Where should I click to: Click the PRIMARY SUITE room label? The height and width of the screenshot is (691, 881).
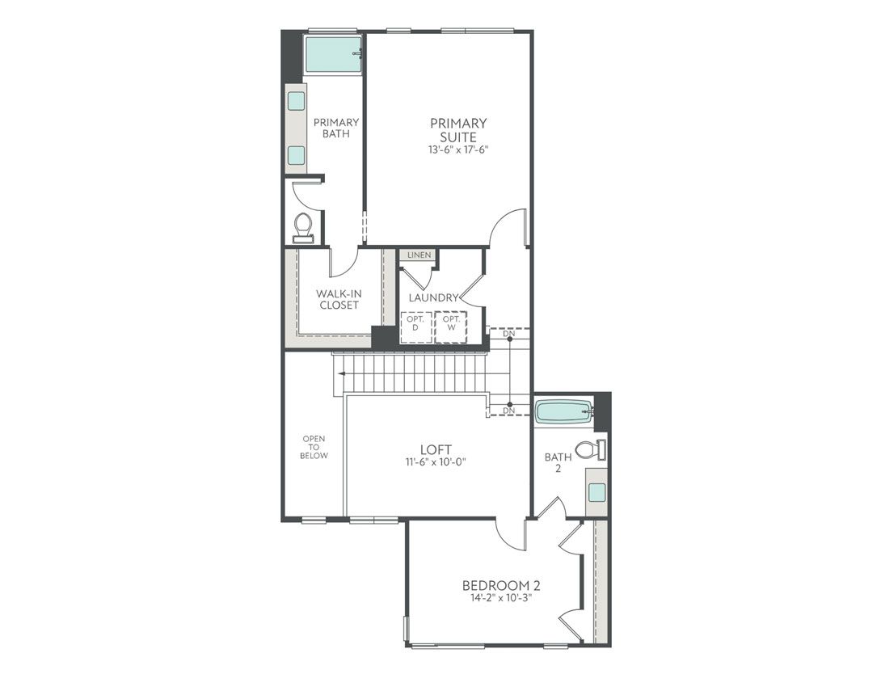click(x=458, y=129)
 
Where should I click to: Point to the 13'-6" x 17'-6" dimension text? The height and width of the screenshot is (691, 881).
click(x=458, y=150)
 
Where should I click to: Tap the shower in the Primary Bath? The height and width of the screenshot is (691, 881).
click(x=332, y=55)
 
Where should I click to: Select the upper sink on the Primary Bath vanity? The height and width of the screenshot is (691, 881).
click(x=297, y=101)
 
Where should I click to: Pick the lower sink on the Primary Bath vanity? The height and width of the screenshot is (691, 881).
click(x=297, y=154)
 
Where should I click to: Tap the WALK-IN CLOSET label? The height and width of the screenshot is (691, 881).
click(x=339, y=299)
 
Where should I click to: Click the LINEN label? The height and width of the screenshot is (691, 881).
click(x=419, y=255)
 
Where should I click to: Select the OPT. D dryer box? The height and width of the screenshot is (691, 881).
click(x=415, y=327)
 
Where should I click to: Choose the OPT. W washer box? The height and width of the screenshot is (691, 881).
click(x=451, y=327)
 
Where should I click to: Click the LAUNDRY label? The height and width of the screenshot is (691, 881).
click(x=433, y=297)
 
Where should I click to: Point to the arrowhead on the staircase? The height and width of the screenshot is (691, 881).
click(x=342, y=373)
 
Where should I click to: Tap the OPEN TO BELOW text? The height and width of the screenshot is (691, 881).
click(x=314, y=448)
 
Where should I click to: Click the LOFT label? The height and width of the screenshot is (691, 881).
click(x=435, y=449)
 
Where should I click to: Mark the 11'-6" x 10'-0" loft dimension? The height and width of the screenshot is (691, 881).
click(x=435, y=462)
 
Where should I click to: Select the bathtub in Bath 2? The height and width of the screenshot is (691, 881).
click(x=564, y=411)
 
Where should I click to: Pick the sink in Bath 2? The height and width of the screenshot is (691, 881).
click(x=596, y=491)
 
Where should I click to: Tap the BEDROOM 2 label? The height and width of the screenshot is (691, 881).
click(x=501, y=585)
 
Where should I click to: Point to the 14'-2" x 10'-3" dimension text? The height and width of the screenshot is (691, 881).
click(x=501, y=599)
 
